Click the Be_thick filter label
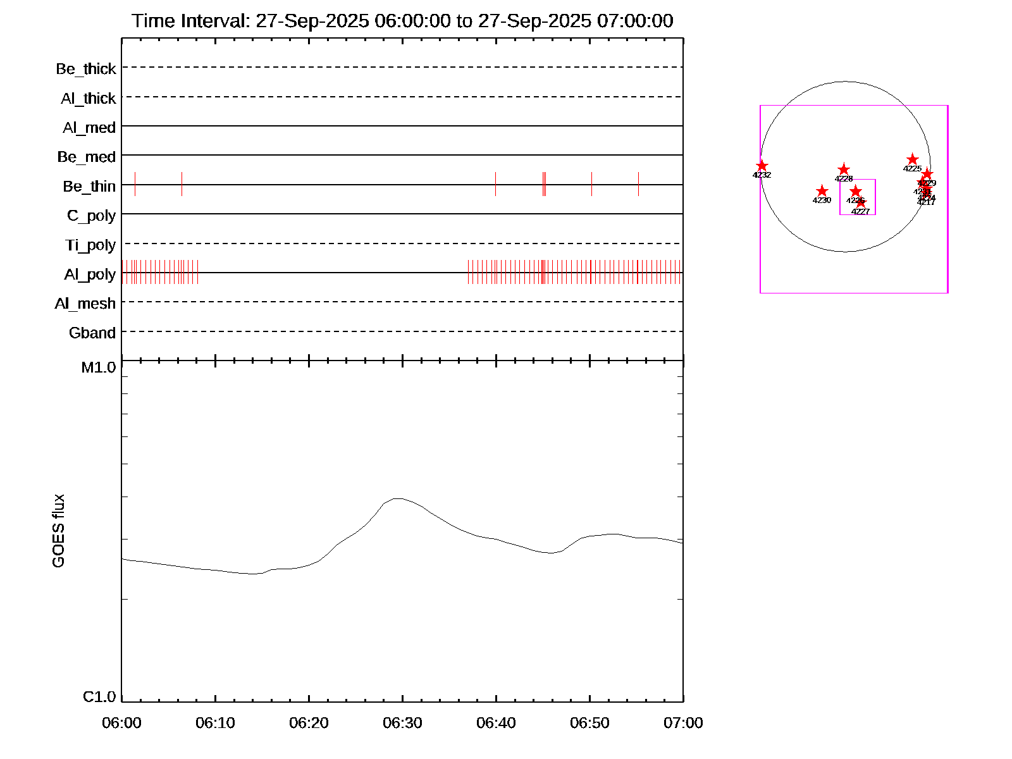(x=86, y=68)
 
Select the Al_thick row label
(x=89, y=98)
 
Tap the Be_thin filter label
(x=89, y=186)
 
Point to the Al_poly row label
(x=90, y=274)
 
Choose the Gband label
(x=92, y=333)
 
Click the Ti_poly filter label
(x=90, y=245)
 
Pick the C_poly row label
(x=92, y=216)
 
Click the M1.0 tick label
(x=99, y=367)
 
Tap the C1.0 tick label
(x=99, y=696)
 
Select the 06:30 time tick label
(x=402, y=722)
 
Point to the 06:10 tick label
(x=215, y=722)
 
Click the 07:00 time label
(x=683, y=722)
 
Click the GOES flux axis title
(x=58, y=531)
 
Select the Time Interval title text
(x=402, y=21)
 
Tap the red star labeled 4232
(x=762, y=166)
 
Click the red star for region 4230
(x=822, y=191)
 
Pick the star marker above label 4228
(x=844, y=170)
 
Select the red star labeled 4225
(x=912, y=159)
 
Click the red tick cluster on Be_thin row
(x=544, y=184)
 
